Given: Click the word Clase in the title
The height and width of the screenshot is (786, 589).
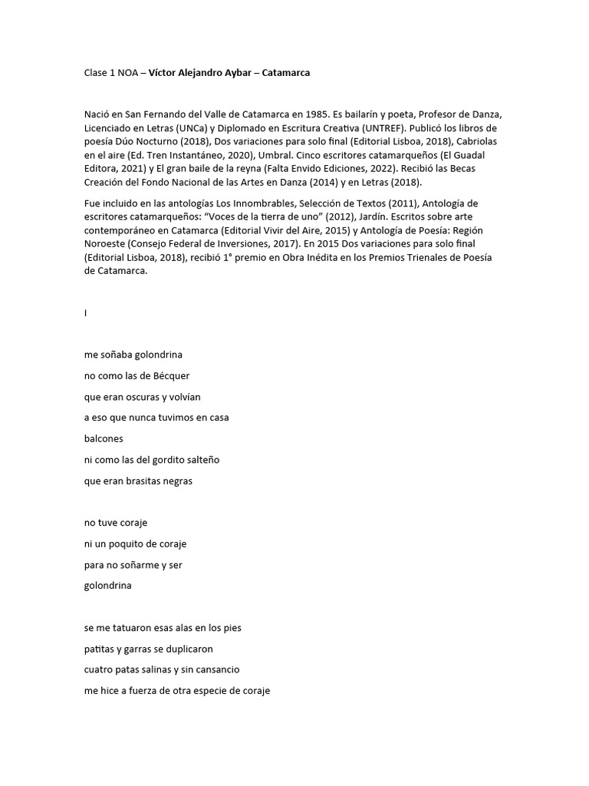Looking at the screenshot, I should point(97,72).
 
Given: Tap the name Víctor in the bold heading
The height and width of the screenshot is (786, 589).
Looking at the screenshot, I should point(163,72).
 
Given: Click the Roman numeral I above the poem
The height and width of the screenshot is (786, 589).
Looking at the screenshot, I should point(86,313).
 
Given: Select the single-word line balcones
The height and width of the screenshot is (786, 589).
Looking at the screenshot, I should point(104,439).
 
